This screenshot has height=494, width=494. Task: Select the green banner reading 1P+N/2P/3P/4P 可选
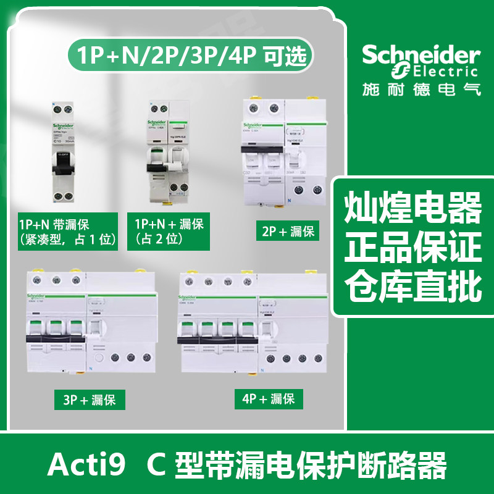195,56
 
